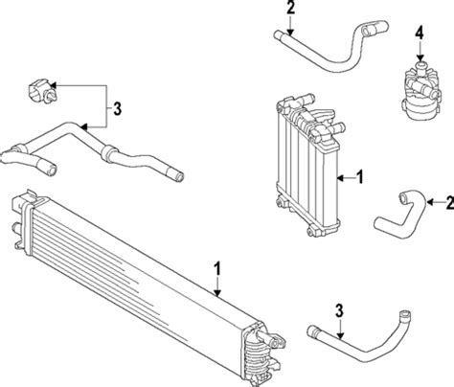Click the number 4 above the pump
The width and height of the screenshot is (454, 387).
[420, 34]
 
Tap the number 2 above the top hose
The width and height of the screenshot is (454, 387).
[290, 8]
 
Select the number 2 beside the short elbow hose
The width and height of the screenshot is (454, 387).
[450, 202]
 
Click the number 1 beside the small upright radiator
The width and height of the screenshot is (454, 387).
[360, 177]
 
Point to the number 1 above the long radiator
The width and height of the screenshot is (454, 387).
[217, 268]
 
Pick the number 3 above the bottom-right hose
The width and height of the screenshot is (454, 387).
[339, 310]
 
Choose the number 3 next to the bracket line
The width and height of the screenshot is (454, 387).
[118, 109]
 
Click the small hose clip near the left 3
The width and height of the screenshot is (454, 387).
[40, 92]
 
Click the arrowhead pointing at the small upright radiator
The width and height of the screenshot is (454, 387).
[341, 178]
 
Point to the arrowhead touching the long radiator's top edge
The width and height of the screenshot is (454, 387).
[217, 293]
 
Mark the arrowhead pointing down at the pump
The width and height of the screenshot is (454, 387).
[420, 57]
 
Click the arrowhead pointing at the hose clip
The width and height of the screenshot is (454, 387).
[53, 85]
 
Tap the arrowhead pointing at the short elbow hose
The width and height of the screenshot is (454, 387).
[430, 202]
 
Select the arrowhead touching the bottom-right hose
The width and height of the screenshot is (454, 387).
[340, 335]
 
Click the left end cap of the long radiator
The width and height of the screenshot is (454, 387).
[22, 220]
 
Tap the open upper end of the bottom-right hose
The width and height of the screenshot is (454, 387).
[405, 314]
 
